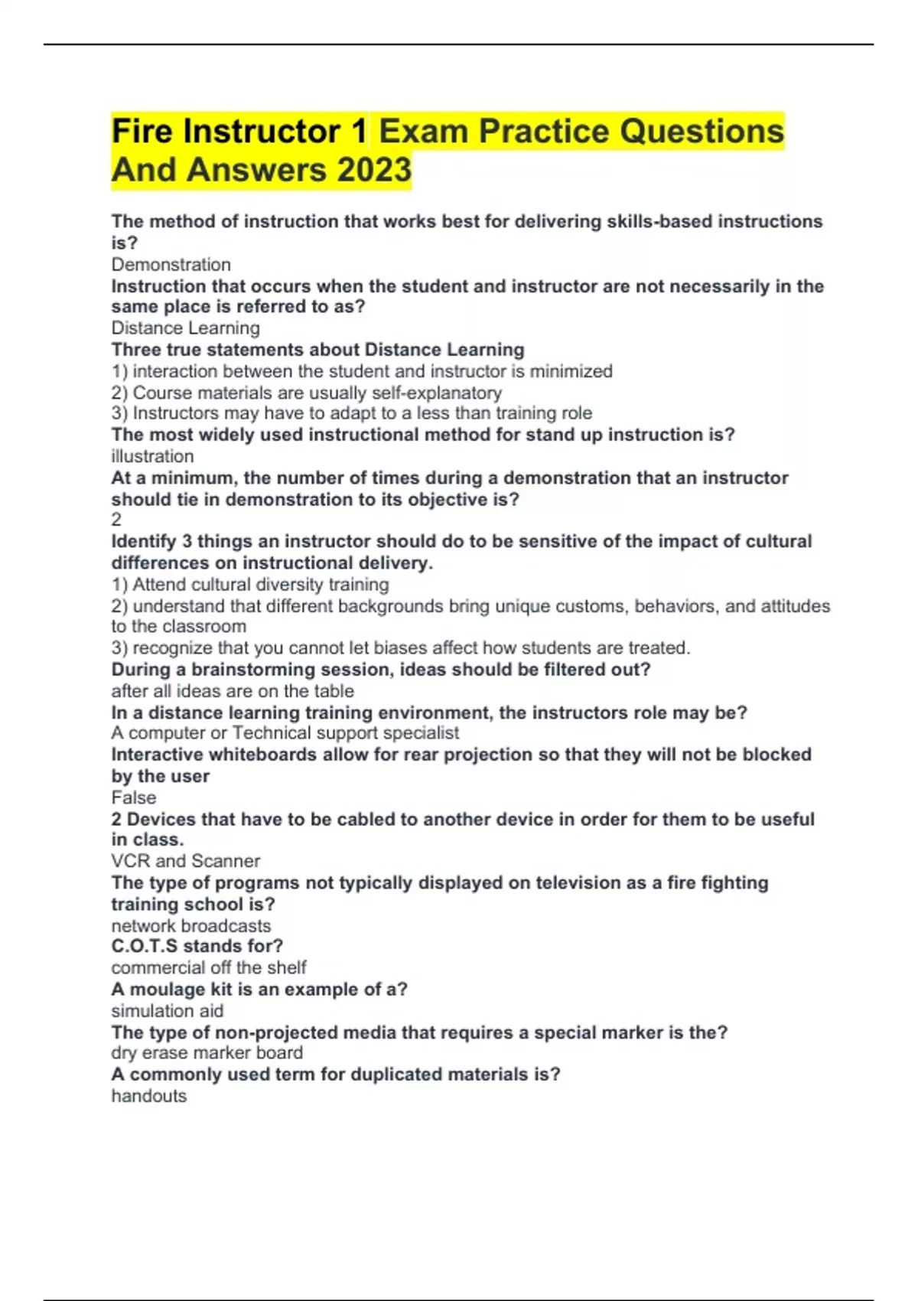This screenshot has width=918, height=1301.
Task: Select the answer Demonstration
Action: (x=171, y=265)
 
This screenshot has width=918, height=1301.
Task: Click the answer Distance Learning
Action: (x=185, y=328)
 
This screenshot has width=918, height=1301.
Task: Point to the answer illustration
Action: (x=152, y=456)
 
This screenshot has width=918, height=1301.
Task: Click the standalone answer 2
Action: (x=116, y=520)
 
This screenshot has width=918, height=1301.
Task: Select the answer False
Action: (x=134, y=797)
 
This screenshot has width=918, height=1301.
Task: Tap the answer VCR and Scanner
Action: (x=185, y=861)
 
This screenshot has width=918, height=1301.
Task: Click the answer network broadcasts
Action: (x=190, y=925)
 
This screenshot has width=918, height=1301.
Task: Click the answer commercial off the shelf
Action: (x=208, y=967)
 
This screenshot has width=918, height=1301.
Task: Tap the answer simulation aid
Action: (x=167, y=1011)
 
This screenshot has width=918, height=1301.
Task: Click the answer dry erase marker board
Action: (x=207, y=1053)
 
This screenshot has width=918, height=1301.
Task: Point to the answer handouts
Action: (x=148, y=1096)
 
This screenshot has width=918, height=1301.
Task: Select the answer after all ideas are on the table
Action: (x=233, y=691)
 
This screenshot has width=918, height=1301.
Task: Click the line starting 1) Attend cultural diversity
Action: (x=250, y=585)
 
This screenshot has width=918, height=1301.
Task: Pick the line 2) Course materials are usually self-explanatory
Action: (x=307, y=393)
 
